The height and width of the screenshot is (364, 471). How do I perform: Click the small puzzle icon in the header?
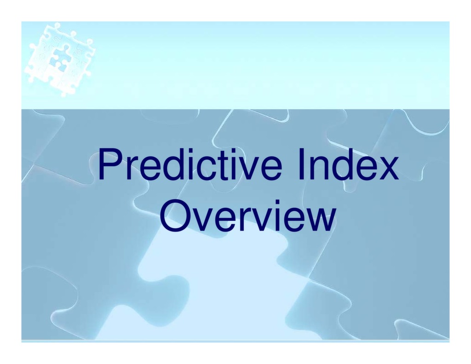59,59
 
